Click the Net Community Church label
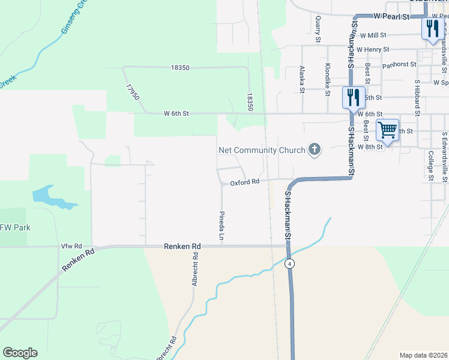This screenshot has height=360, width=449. (x=261, y=150)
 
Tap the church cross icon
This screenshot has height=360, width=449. (x=314, y=149)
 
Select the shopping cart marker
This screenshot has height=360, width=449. (x=387, y=130)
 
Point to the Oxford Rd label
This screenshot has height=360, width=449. (x=244, y=181)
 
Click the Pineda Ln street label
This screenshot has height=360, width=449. (x=221, y=226)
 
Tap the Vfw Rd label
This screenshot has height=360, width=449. (x=71, y=247)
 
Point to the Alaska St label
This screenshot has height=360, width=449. (x=303, y=80)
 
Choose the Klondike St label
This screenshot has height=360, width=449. (x=328, y=79)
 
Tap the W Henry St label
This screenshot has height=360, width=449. (x=373, y=49)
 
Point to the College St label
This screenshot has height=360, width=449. (x=431, y=165)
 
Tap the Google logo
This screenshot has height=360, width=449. (x=20, y=353)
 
